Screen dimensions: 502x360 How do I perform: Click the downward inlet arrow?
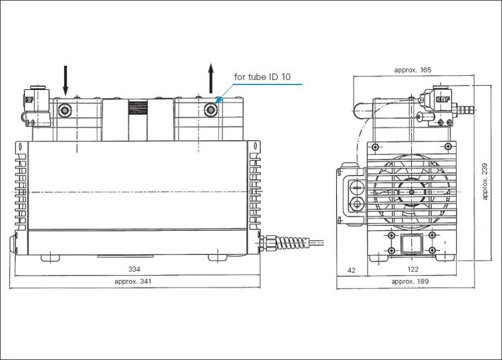[x=65, y=81]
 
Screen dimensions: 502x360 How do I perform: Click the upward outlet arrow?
[x=211, y=78]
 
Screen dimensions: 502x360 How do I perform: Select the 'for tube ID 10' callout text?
[x=262, y=77]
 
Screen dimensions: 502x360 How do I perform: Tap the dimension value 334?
[x=134, y=269]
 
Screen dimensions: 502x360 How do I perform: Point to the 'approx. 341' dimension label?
[x=132, y=281]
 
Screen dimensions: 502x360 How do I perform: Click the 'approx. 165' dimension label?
[x=413, y=70]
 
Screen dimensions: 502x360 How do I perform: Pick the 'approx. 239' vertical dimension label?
[x=485, y=182]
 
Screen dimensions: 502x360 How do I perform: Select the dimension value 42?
[x=351, y=270]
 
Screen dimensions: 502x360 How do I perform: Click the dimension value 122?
[x=413, y=269]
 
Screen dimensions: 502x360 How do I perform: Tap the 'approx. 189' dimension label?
[x=410, y=281]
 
